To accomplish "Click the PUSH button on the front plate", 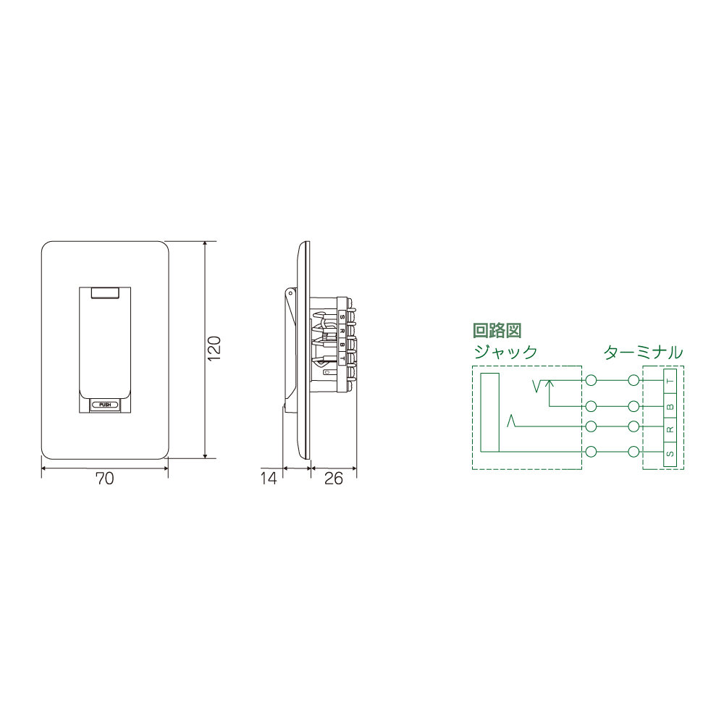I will (106, 405).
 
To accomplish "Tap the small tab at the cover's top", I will (106, 292).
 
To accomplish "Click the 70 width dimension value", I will (105, 479).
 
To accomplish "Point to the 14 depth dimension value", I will (269, 479).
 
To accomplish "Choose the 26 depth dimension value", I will (334, 479).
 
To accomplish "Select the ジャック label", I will (505, 353).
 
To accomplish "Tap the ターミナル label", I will (643, 353).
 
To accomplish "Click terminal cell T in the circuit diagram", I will (670, 381).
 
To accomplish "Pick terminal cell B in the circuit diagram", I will (670, 405).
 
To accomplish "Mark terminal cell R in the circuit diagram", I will (670, 429).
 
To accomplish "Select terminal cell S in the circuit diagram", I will (670, 453).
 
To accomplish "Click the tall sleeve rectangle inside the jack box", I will (490, 413).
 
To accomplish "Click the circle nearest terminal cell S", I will (635, 452).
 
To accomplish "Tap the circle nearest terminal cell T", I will (635, 380).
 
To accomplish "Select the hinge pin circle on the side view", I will (291, 293).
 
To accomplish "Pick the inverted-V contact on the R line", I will (513, 421).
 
